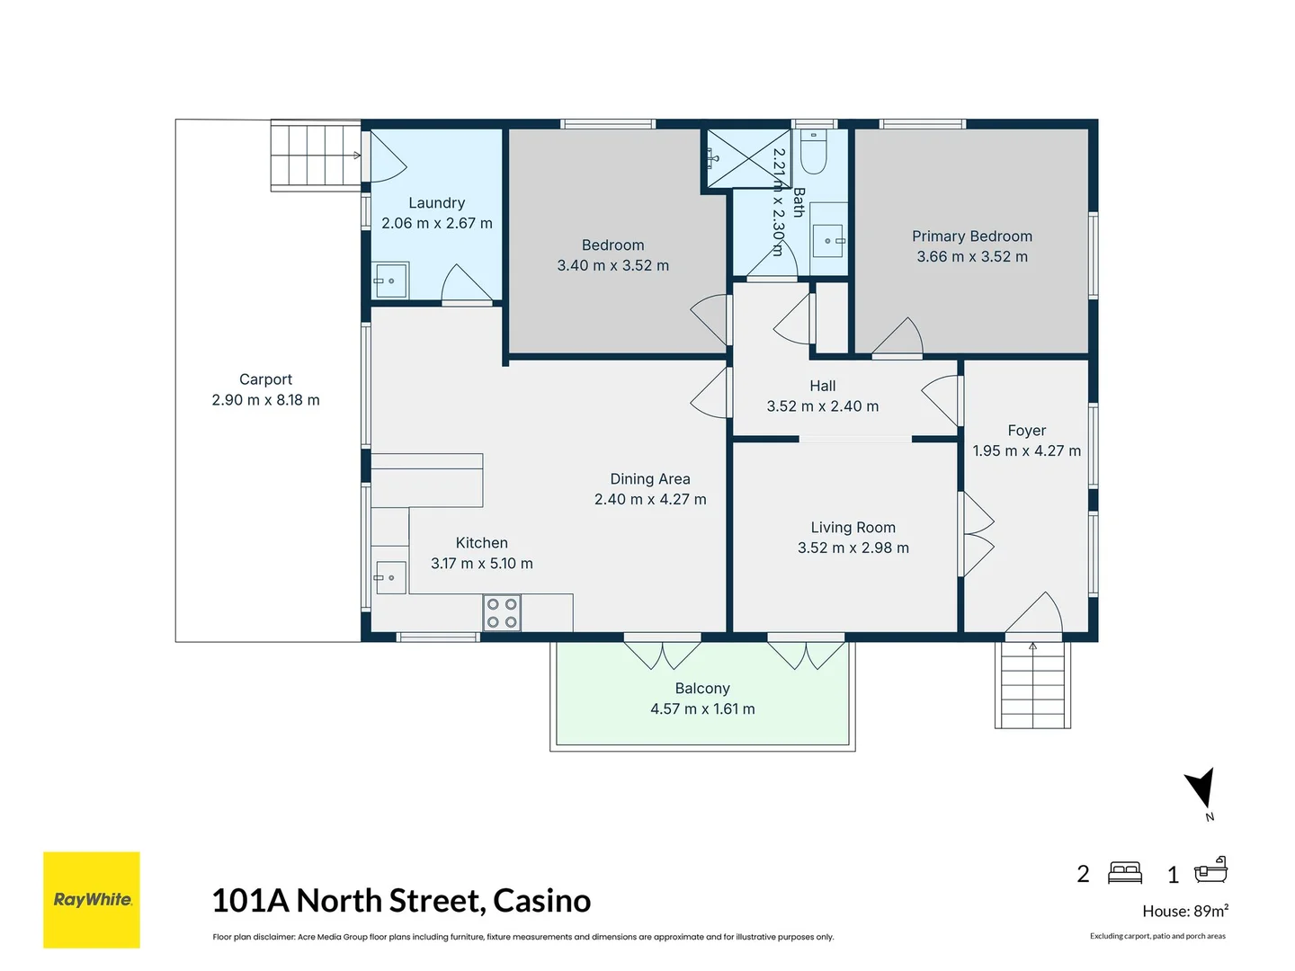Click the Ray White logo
pos(92,899)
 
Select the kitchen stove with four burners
pos(502,613)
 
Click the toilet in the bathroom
pos(814,153)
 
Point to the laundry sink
pos(390,281)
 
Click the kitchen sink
pos(389,577)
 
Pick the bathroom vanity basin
pos(827,240)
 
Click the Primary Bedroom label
pos(972,236)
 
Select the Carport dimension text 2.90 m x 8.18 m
pos(265,400)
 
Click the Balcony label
pos(702,689)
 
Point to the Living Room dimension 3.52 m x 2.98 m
pos(853,548)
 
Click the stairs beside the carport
pos(316,156)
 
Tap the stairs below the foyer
pos(1032,685)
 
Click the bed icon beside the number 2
pos(1125,873)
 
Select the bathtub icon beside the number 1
pos(1210,870)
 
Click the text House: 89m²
pos(1184,911)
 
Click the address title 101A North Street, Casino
pos(401,900)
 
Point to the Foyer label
pos(1026,431)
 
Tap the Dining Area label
pos(650,479)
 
